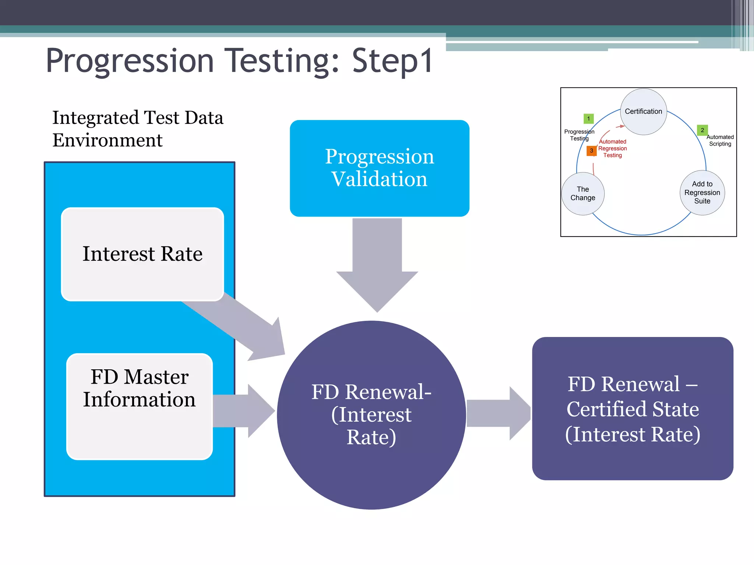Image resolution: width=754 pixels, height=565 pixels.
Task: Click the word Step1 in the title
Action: (392, 61)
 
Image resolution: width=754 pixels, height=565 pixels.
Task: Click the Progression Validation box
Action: (379, 168)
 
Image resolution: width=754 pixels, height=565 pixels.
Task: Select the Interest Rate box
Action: (142, 254)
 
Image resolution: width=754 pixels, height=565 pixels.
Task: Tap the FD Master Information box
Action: (140, 406)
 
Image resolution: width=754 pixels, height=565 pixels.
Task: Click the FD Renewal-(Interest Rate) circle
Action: (371, 415)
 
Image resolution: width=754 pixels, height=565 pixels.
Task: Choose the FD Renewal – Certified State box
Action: (632, 409)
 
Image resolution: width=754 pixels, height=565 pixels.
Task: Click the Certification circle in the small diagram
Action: (643, 111)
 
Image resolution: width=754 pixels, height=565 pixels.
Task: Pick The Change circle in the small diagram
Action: (582, 193)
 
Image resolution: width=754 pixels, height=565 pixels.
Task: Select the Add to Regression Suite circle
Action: (702, 192)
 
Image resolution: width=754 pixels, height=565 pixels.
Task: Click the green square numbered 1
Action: (588, 119)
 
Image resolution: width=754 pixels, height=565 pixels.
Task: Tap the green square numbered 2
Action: (702, 130)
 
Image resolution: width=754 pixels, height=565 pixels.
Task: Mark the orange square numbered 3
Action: (591, 151)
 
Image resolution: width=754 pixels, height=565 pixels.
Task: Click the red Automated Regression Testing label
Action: (612, 149)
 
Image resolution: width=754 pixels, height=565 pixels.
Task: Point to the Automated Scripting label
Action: (720, 141)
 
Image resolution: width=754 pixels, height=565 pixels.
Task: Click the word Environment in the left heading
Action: (107, 141)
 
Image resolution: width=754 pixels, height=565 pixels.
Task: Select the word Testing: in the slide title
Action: (282, 61)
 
